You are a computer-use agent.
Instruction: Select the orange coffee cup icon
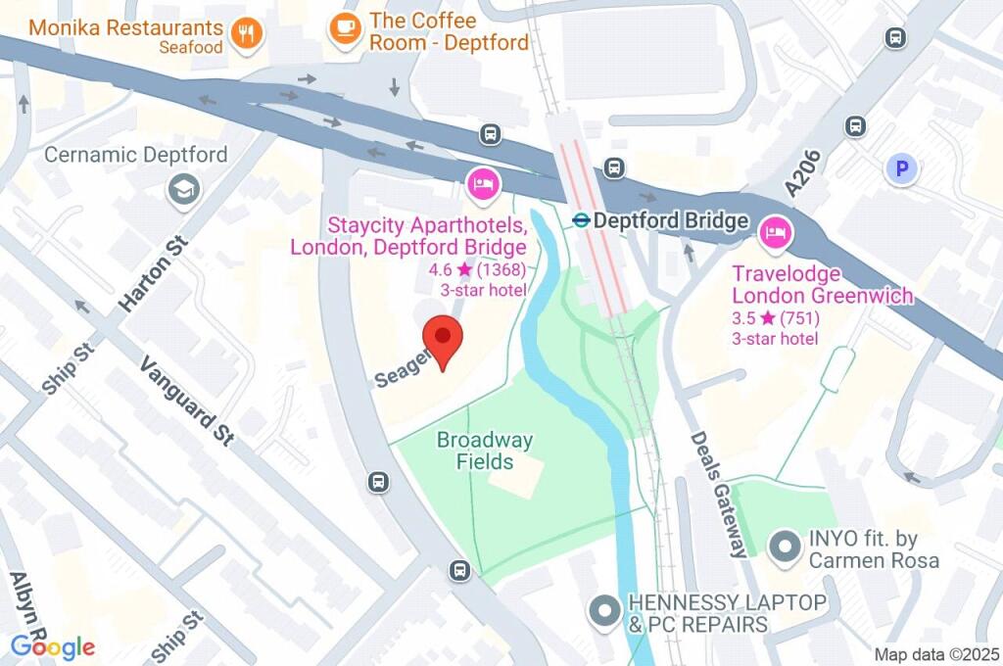pyautogui.click(x=344, y=28)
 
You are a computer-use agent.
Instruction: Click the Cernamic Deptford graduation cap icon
pyautogui.click(x=183, y=190)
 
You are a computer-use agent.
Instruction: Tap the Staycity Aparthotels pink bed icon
pyautogui.click(x=482, y=183)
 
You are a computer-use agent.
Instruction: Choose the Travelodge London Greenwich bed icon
pyautogui.click(x=775, y=233)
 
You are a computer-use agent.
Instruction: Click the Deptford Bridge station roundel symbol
pyautogui.click(x=581, y=221)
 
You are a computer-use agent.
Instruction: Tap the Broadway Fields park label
pyautogui.click(x=485, y=451)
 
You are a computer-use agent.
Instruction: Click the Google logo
pyautogui.click(x=53, y=646)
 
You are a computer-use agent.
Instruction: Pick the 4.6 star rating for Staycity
pyautogui.click(x=483, y=270)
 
